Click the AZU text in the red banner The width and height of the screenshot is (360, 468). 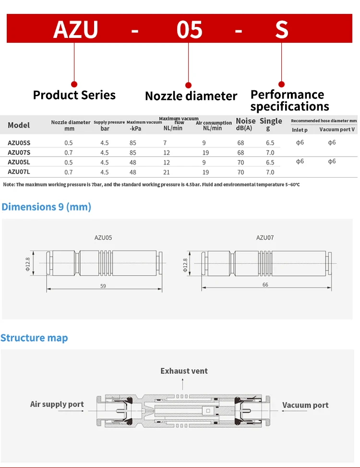76,29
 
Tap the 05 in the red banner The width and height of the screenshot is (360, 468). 189,29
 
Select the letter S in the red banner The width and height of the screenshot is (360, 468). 282,29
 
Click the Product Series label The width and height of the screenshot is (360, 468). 74,95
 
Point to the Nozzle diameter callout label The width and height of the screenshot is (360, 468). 191,96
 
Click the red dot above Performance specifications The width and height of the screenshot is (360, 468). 282,84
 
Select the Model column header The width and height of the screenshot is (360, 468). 19,125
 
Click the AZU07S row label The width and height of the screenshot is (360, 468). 19,152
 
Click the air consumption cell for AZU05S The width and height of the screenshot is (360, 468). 204,143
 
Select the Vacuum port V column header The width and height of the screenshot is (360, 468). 337,130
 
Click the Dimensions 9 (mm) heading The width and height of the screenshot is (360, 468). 47,207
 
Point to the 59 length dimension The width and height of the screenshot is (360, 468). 103,286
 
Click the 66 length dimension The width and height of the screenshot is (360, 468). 265,284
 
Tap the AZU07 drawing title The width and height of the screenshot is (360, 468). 265,237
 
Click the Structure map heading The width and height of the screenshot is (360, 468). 34,338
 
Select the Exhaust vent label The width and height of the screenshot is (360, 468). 184,371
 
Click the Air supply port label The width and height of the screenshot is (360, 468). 57,404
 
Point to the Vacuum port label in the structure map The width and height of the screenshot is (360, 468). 305,405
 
